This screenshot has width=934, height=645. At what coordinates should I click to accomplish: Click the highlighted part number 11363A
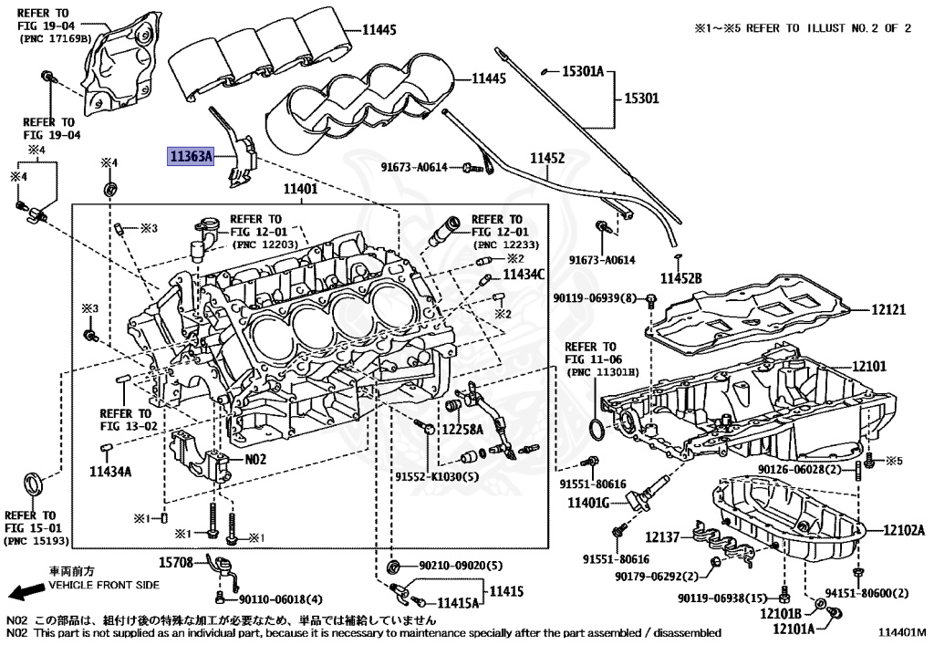pos(189,157)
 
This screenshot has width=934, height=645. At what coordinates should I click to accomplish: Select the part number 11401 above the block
pos(299,190)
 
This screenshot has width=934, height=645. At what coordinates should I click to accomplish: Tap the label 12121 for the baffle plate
pos(887,310)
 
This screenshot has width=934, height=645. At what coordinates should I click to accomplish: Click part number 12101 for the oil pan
pos(869,366)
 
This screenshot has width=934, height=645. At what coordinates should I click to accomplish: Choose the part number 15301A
pos(582,70)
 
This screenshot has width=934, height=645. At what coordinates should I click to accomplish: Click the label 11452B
pos(681,277)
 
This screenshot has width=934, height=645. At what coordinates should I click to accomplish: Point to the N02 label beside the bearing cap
pos(254,460)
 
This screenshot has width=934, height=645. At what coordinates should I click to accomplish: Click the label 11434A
pos(110,472)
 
